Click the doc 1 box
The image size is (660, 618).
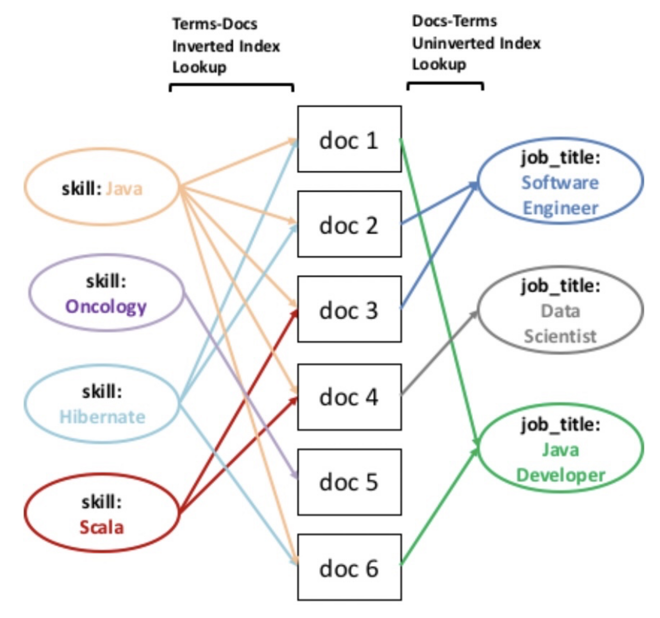pos(349,140)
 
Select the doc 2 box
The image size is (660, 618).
pos(349,224)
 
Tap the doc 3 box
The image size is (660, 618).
pos(349,310)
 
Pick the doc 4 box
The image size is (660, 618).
pos(349,397)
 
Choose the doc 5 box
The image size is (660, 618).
pos(349,482)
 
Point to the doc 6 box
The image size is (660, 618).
pos(349,567)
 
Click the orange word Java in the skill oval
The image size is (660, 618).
pos(125,189)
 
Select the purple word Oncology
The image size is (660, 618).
pos(106,306)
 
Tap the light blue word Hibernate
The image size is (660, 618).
pos(103,417)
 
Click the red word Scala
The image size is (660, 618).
pos(102,527)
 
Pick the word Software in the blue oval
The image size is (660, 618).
pos(560,183)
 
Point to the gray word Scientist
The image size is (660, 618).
pos(560,336)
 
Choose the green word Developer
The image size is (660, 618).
pos(560,475)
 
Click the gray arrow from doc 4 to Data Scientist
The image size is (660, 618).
pos(440,353)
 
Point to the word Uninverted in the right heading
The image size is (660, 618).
pos(453,43)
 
